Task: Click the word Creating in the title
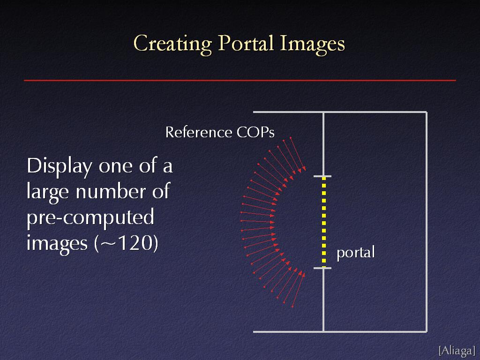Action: pyautogui.click(x=172, y=44)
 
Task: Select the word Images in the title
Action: pyautogui.click(x=312, y=44)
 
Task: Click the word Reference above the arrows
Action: pyautogui.click(x=199, y=132)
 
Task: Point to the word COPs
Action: pyautogui.click(x=255, y=132)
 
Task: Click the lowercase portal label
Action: pyautogui.click(x=356, y=253)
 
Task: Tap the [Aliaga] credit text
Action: pyautogui.click(x=457, y=350)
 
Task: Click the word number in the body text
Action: pyautogui.click(x=111, y=192)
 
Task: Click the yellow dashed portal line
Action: pyautogui.click(x=324, y=222)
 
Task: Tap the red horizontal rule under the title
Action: pyautogui.click(x=240, y=81)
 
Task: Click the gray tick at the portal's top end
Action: pyautogui.click(x=322, y=176)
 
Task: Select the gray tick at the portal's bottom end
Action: pyautogui.click(x=322, y=268)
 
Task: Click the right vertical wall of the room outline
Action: pyautogui.click(x=427, y=222)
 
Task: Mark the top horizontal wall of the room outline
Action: pyautogui.click(x=340, y=112)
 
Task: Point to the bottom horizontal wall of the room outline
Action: pyautogui.click(x=340, y=331)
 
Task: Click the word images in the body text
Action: pyautogui.click(x=57, y=244)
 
